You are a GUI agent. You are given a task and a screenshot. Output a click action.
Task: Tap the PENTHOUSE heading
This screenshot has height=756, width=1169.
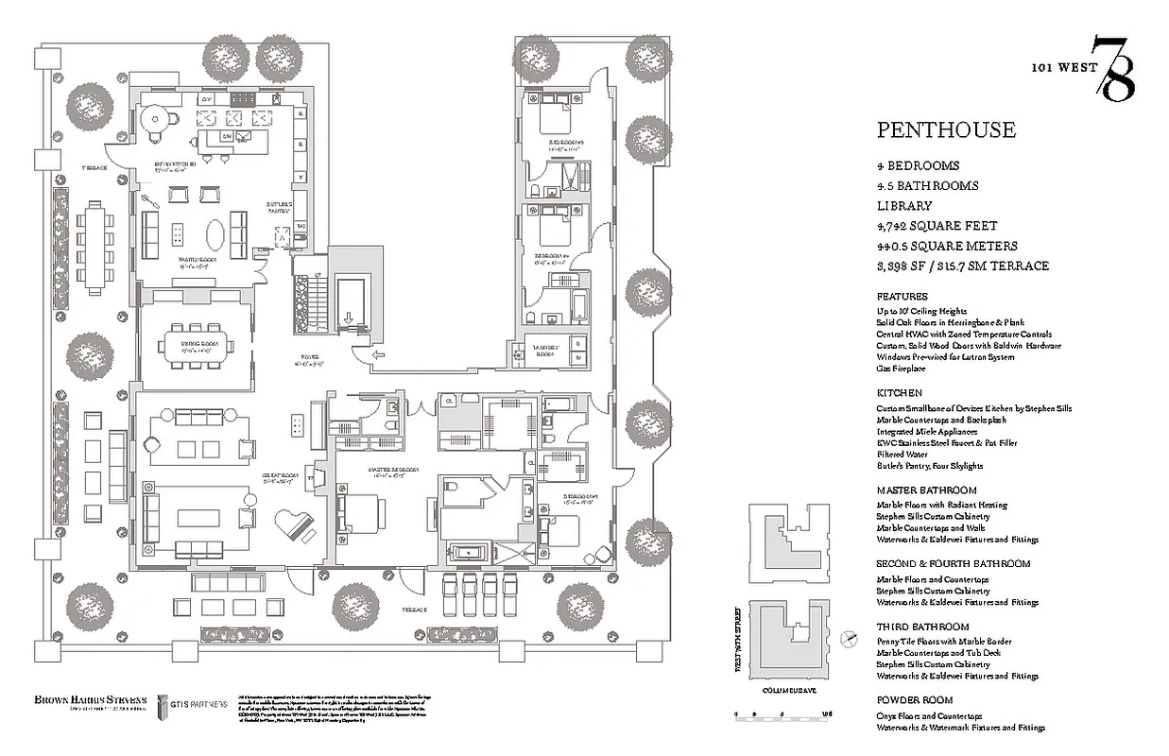click(x=946, y=129)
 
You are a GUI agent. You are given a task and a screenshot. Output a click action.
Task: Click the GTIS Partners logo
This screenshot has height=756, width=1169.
click(x=193, y=704)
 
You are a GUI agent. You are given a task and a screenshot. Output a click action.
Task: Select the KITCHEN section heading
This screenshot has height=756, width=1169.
click(x=899, y=392)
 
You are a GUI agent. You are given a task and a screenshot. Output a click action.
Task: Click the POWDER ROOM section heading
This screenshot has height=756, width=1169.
click(x=914, y=700)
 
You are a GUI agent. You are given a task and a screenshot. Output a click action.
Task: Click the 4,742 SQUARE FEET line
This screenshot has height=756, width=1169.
click(x=937, y=226)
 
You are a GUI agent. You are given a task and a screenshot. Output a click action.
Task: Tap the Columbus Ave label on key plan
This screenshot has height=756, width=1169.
click(x=786, y=690)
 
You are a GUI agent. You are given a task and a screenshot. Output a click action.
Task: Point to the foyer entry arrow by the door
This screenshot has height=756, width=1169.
click(x=378, y=356)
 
